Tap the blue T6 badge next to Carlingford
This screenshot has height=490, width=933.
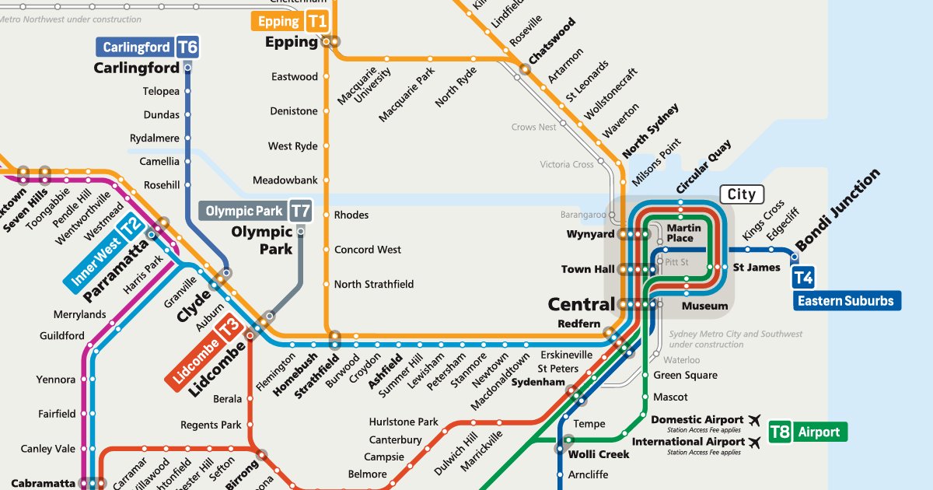coord(187,47)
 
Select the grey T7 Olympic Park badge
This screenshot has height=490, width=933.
coord(300,211)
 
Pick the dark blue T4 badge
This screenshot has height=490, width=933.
coord(803,278)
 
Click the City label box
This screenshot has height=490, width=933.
coord(741,194)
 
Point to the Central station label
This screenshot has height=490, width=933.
coord(581,304)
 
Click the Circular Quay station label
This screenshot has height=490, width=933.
coord(703,166)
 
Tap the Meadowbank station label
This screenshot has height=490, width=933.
coord(285,180)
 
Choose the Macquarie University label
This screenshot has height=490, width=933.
coord(358,86)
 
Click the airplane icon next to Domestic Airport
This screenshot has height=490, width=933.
coord(753,420)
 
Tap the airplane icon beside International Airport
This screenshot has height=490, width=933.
coord(753,442)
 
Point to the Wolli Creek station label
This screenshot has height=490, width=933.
coord(599,454)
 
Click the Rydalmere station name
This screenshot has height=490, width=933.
coord(155,138)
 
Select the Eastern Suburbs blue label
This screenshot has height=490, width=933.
coord(847,301)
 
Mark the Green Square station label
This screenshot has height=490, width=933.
coord(685,375)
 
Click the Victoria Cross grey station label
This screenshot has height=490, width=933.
coord(567,164)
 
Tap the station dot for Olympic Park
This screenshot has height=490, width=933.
coord(301,230)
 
